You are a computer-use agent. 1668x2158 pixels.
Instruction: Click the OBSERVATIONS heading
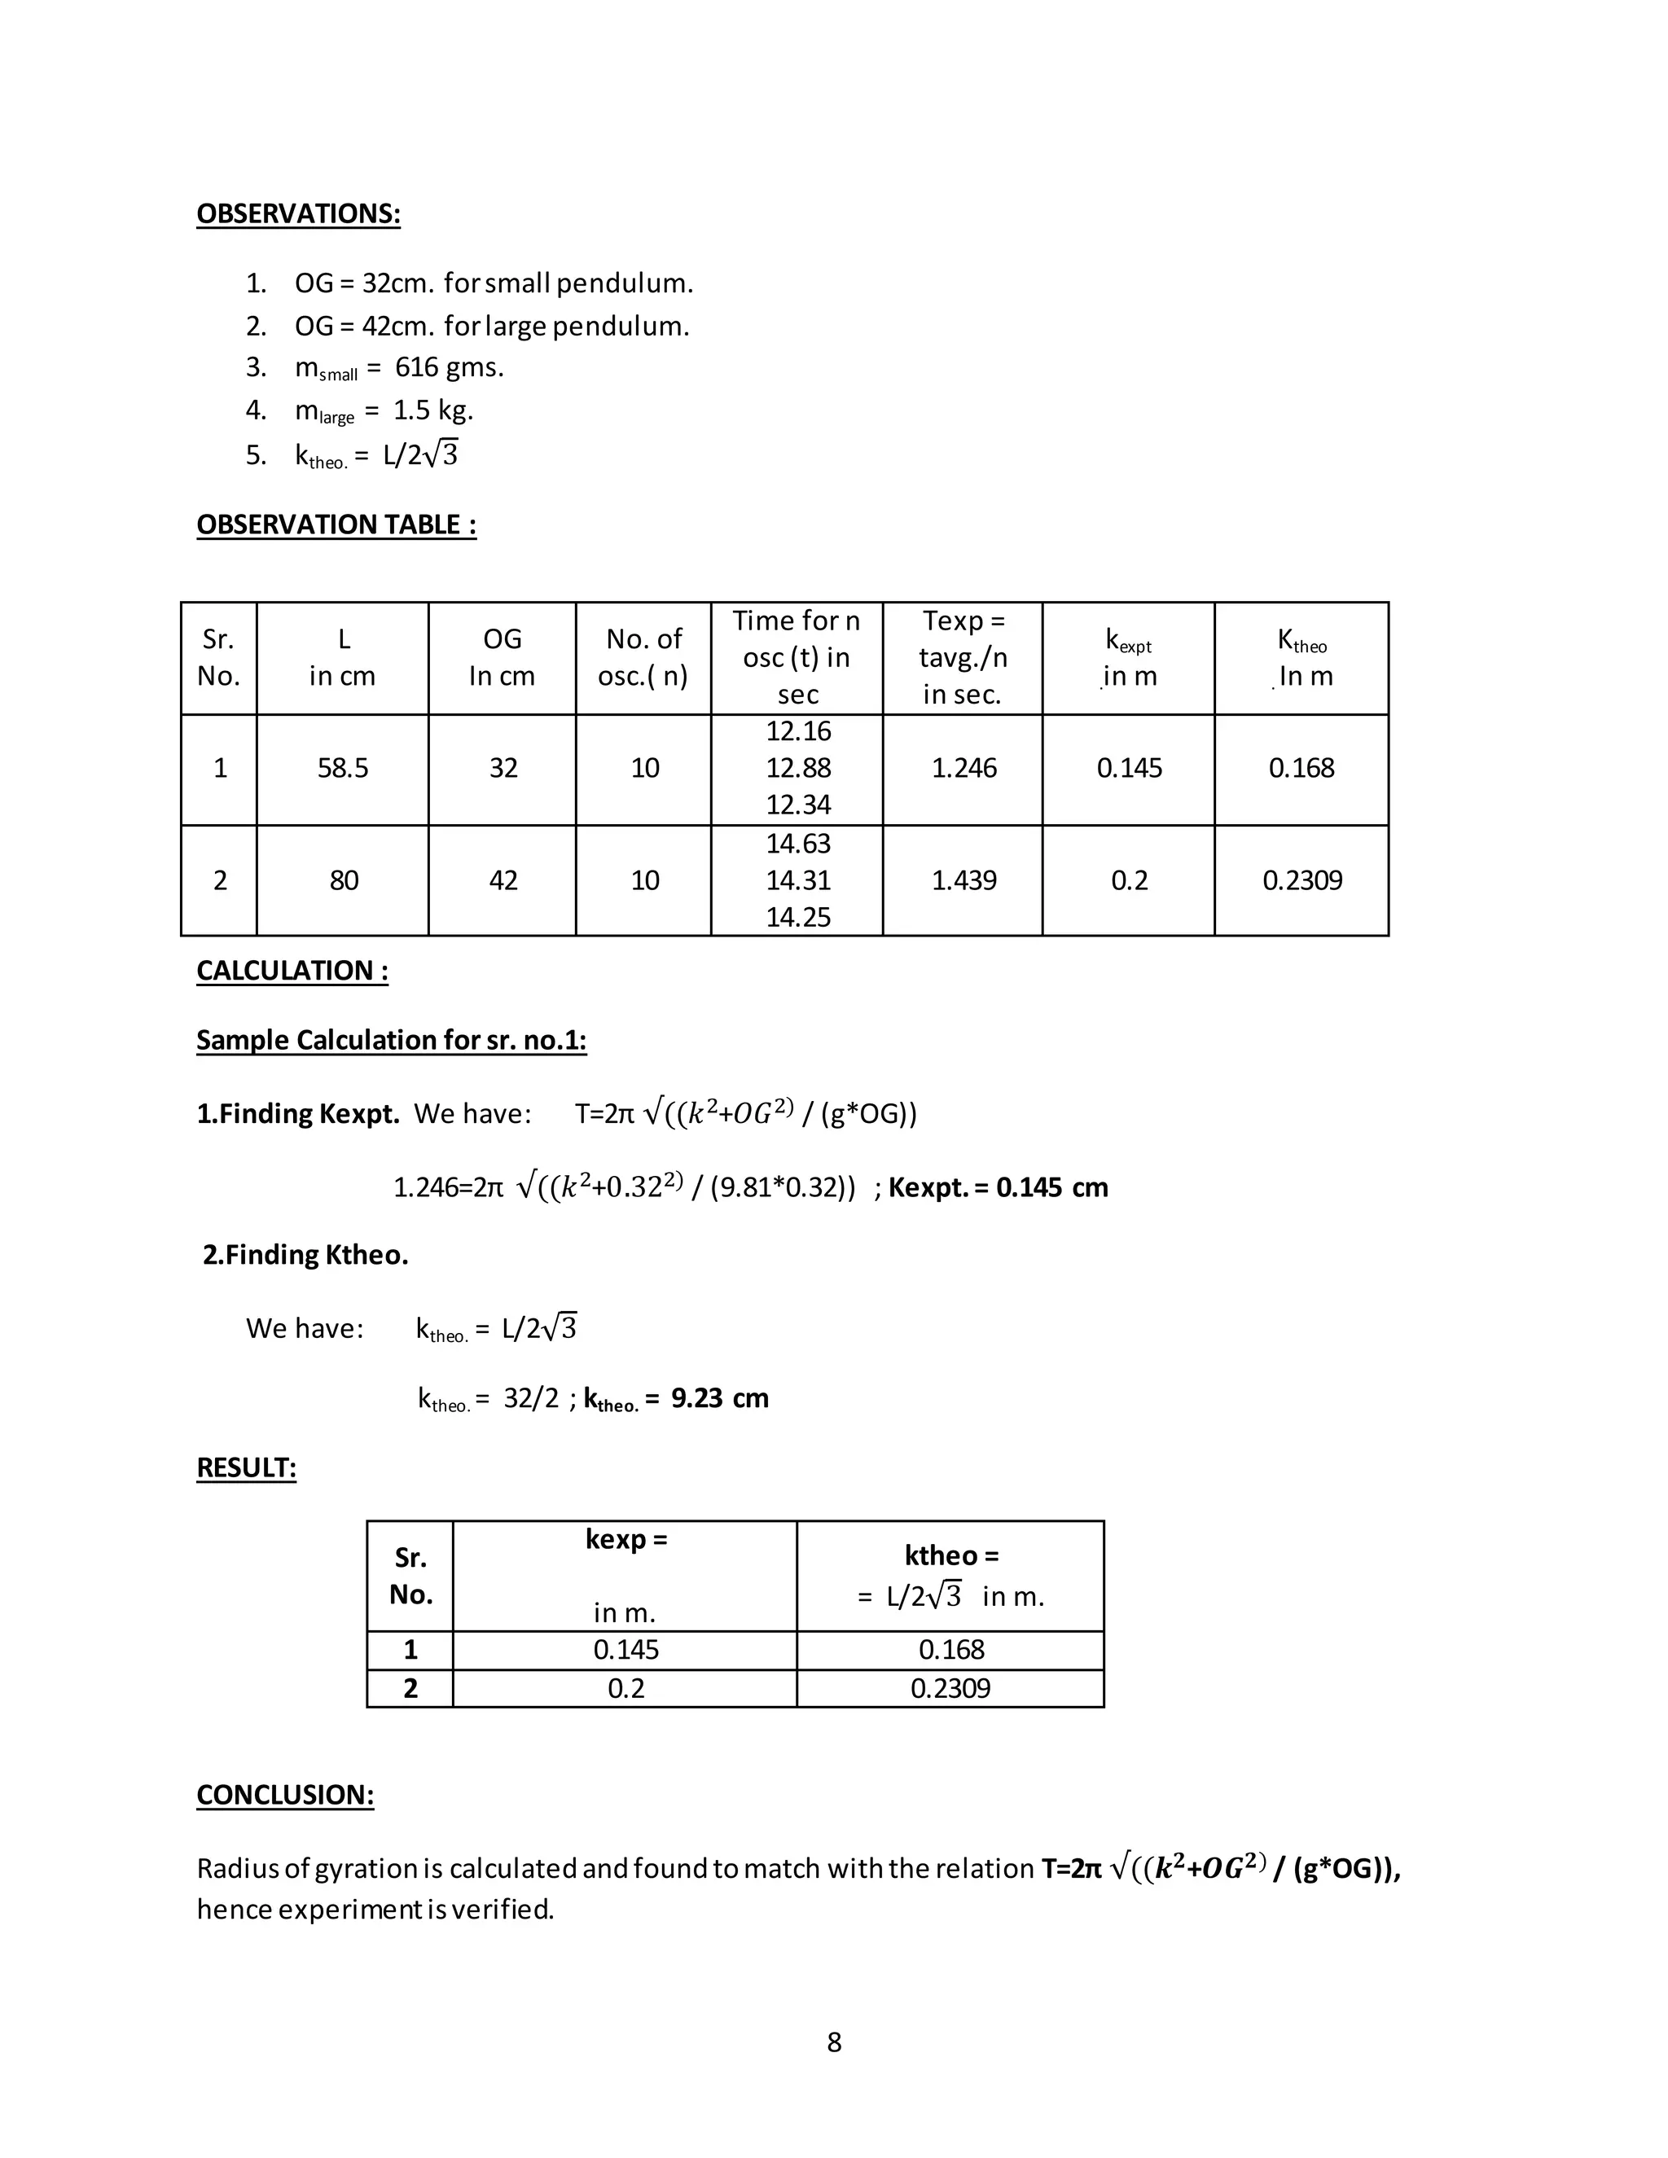[x=298, y=213]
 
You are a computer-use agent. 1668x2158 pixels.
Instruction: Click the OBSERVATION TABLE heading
[x=336, y=524]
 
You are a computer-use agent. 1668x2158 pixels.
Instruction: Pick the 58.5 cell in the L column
[x=342, y=768]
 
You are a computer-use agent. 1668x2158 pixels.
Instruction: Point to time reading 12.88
[x=797, y=768]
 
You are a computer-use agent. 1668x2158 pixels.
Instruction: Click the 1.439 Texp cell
[x=963, y=880]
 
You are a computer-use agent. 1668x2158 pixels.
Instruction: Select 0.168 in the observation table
[x=1301, y=768]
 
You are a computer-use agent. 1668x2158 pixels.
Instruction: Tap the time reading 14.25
[x=797, y=917]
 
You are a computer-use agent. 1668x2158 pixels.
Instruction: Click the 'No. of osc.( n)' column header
[x=643, y=657]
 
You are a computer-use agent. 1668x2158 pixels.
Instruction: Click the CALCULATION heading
[x=292, y=971]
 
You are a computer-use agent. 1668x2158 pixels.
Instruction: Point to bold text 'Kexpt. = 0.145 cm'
[x=997, y=1186]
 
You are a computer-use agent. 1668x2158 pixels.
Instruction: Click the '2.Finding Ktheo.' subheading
[x=305, y=1255]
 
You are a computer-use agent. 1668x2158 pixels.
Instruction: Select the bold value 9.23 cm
[x=718, y=1398]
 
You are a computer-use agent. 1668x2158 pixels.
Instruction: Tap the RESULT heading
[x=246, y=1467]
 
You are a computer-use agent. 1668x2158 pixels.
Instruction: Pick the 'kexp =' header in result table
[x=625, y=1539]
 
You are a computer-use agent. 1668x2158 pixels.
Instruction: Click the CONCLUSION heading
[x=284, y=1796]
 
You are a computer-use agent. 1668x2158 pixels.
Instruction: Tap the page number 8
[x=834, y=2042]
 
